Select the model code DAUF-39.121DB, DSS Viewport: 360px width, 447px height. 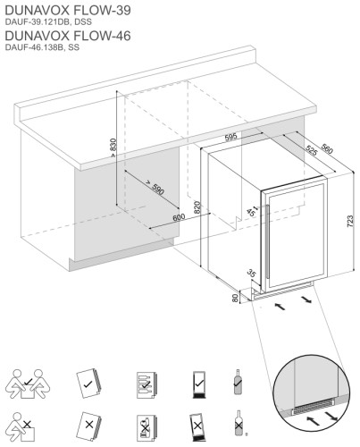coord(46,21)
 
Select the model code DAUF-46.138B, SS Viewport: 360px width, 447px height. coord(42,47)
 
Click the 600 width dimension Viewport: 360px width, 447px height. coord(178,217)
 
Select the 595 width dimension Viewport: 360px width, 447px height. coord(230,137)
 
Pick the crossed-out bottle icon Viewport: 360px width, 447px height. coord(238,424)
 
